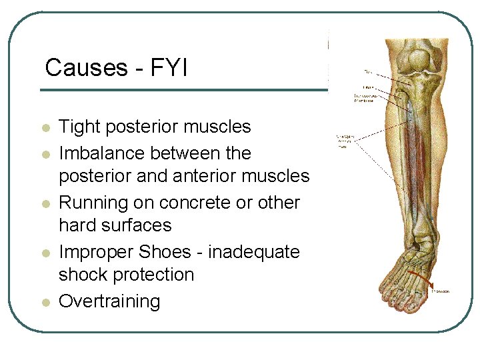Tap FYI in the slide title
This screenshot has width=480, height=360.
pyautogui.click(x=168, y=67)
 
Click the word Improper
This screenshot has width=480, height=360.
pyautogui.click(x=96, y=252)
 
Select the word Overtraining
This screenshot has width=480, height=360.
pyautogui.click(x=110, y=301)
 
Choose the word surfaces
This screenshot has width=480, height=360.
pyautogui.click(x=138, y=225)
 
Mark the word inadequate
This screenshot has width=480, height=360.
pyautogui.click(x=254, y=252)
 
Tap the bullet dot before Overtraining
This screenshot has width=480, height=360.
pyautogui.click(x=45, y=303)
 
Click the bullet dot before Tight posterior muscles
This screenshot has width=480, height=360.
pyautogui.click(x=45, y=128)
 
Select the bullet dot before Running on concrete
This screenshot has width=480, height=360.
pyautogui.click(x=45, y=204)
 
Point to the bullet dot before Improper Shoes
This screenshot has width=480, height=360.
pyautogui.click(x=45, y=253)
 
